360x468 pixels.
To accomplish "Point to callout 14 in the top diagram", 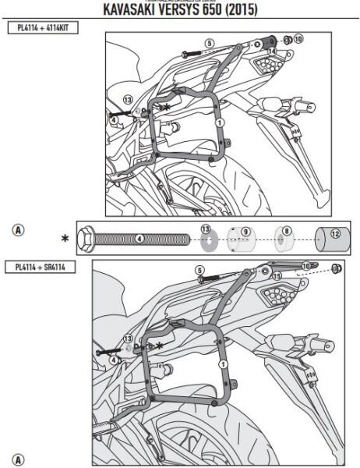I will (x=272, y=51).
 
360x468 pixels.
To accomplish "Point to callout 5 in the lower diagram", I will (x=199, y=270).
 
